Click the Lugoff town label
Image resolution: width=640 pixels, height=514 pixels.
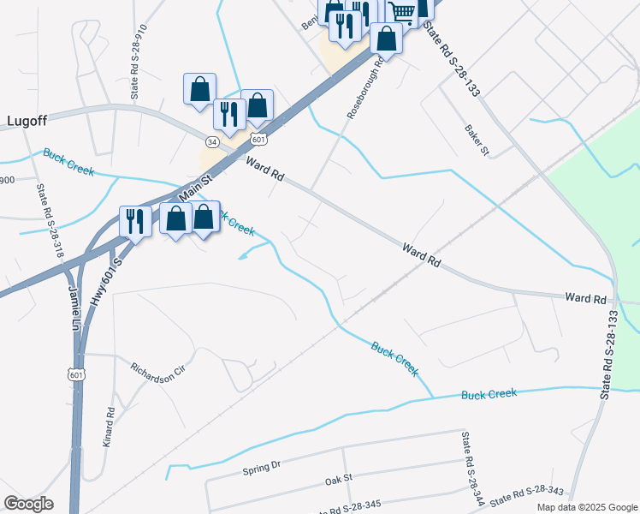27,121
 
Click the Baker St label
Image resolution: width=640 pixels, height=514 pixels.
477,140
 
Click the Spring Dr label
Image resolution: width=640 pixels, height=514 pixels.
262,468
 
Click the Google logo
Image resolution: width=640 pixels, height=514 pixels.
29,503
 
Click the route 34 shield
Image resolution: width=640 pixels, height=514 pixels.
213,140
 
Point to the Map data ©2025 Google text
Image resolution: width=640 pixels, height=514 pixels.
586,506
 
